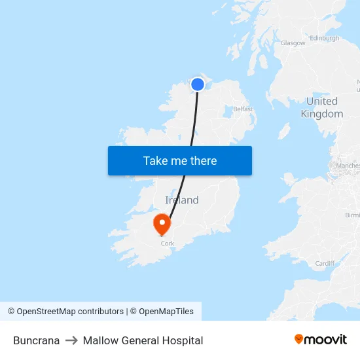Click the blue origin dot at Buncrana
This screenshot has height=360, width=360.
(x=198, y=84)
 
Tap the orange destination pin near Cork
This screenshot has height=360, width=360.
(x=162, y=225)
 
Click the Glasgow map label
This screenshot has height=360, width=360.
(x=293, y=43)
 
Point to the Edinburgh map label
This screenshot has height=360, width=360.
(x=325, y=39)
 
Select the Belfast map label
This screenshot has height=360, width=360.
(x=242, y=109)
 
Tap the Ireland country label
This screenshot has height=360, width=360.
(x=181, y=200)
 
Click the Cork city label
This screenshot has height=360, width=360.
(x=168, y=243)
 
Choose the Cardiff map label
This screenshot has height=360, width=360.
(x=325, y=263)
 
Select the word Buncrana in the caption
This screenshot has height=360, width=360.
(x=37, y=340)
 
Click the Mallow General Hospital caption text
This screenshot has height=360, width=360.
(x=143, y=340)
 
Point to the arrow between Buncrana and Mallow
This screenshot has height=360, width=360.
(x=71, y=340)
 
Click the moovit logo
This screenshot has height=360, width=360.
(x=321, y=339)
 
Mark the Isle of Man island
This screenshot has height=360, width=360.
(x=283, y=132)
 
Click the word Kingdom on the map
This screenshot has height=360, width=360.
(x=322, y=114)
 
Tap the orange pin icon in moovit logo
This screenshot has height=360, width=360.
(x=299, y=339)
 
